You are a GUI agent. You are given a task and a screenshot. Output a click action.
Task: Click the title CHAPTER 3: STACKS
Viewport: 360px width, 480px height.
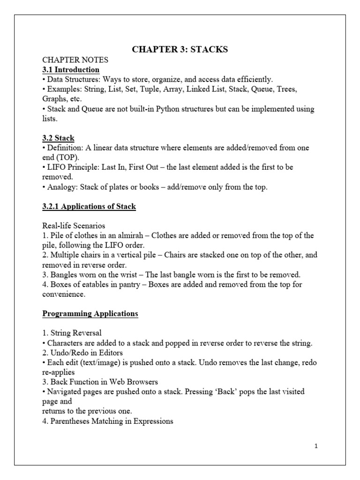(180, 49)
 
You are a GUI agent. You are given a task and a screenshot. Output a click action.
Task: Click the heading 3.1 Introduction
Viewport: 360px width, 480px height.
(71, 69)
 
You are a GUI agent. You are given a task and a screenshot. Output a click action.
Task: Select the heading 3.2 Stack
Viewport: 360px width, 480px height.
(59, 138)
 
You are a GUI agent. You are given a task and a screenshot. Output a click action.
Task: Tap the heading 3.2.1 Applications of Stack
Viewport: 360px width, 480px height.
(89, 206)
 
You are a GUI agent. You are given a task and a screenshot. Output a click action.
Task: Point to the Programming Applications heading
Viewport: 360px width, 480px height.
(90, 314)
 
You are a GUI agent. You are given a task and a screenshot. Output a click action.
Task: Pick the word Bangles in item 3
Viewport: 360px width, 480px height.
(65, 274)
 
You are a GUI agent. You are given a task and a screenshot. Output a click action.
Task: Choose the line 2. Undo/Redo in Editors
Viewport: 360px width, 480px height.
(84, 352)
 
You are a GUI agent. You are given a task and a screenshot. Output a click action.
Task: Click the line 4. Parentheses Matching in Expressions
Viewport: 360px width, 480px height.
(108, 421)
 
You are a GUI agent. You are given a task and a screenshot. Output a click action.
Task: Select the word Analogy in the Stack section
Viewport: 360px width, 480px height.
(61, 187)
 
